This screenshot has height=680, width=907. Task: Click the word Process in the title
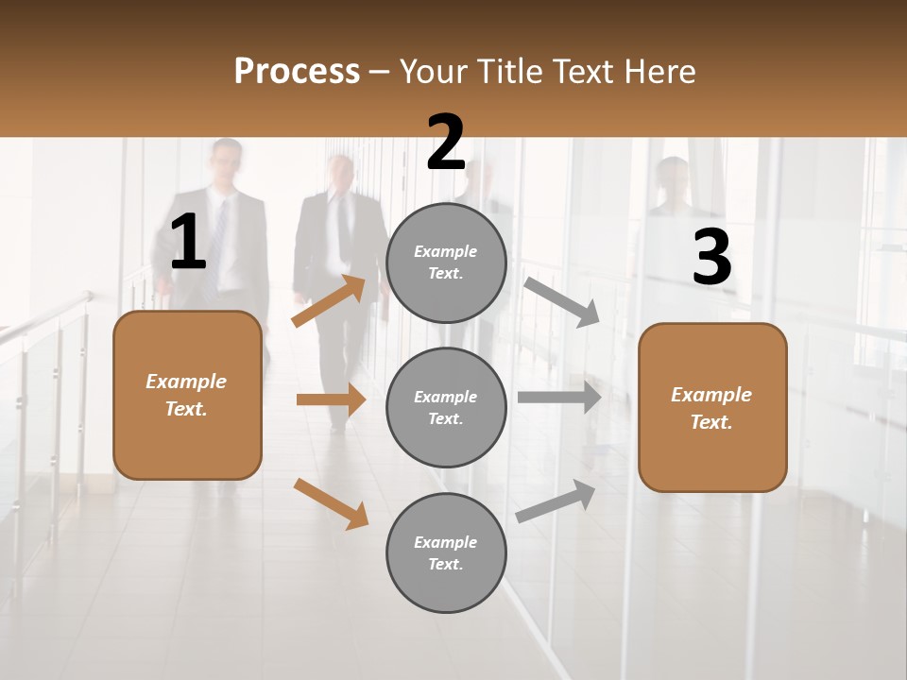tap(297, 72)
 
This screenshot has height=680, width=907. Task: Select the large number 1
tap(188, 244)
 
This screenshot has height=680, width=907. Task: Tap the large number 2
tap(446, 144)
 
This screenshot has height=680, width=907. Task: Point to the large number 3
tap(711, 259)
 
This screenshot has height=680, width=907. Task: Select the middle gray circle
tap(446, 407)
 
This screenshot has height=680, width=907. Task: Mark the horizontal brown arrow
tap(331, 399)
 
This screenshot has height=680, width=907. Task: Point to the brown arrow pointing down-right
tap(332, 503)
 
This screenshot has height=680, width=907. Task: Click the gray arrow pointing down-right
tap(562, 302)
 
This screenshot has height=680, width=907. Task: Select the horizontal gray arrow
tap(559, 397)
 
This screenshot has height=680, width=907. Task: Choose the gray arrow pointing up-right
tap(556, 501)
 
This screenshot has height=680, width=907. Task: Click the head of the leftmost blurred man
tap(226, 164)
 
